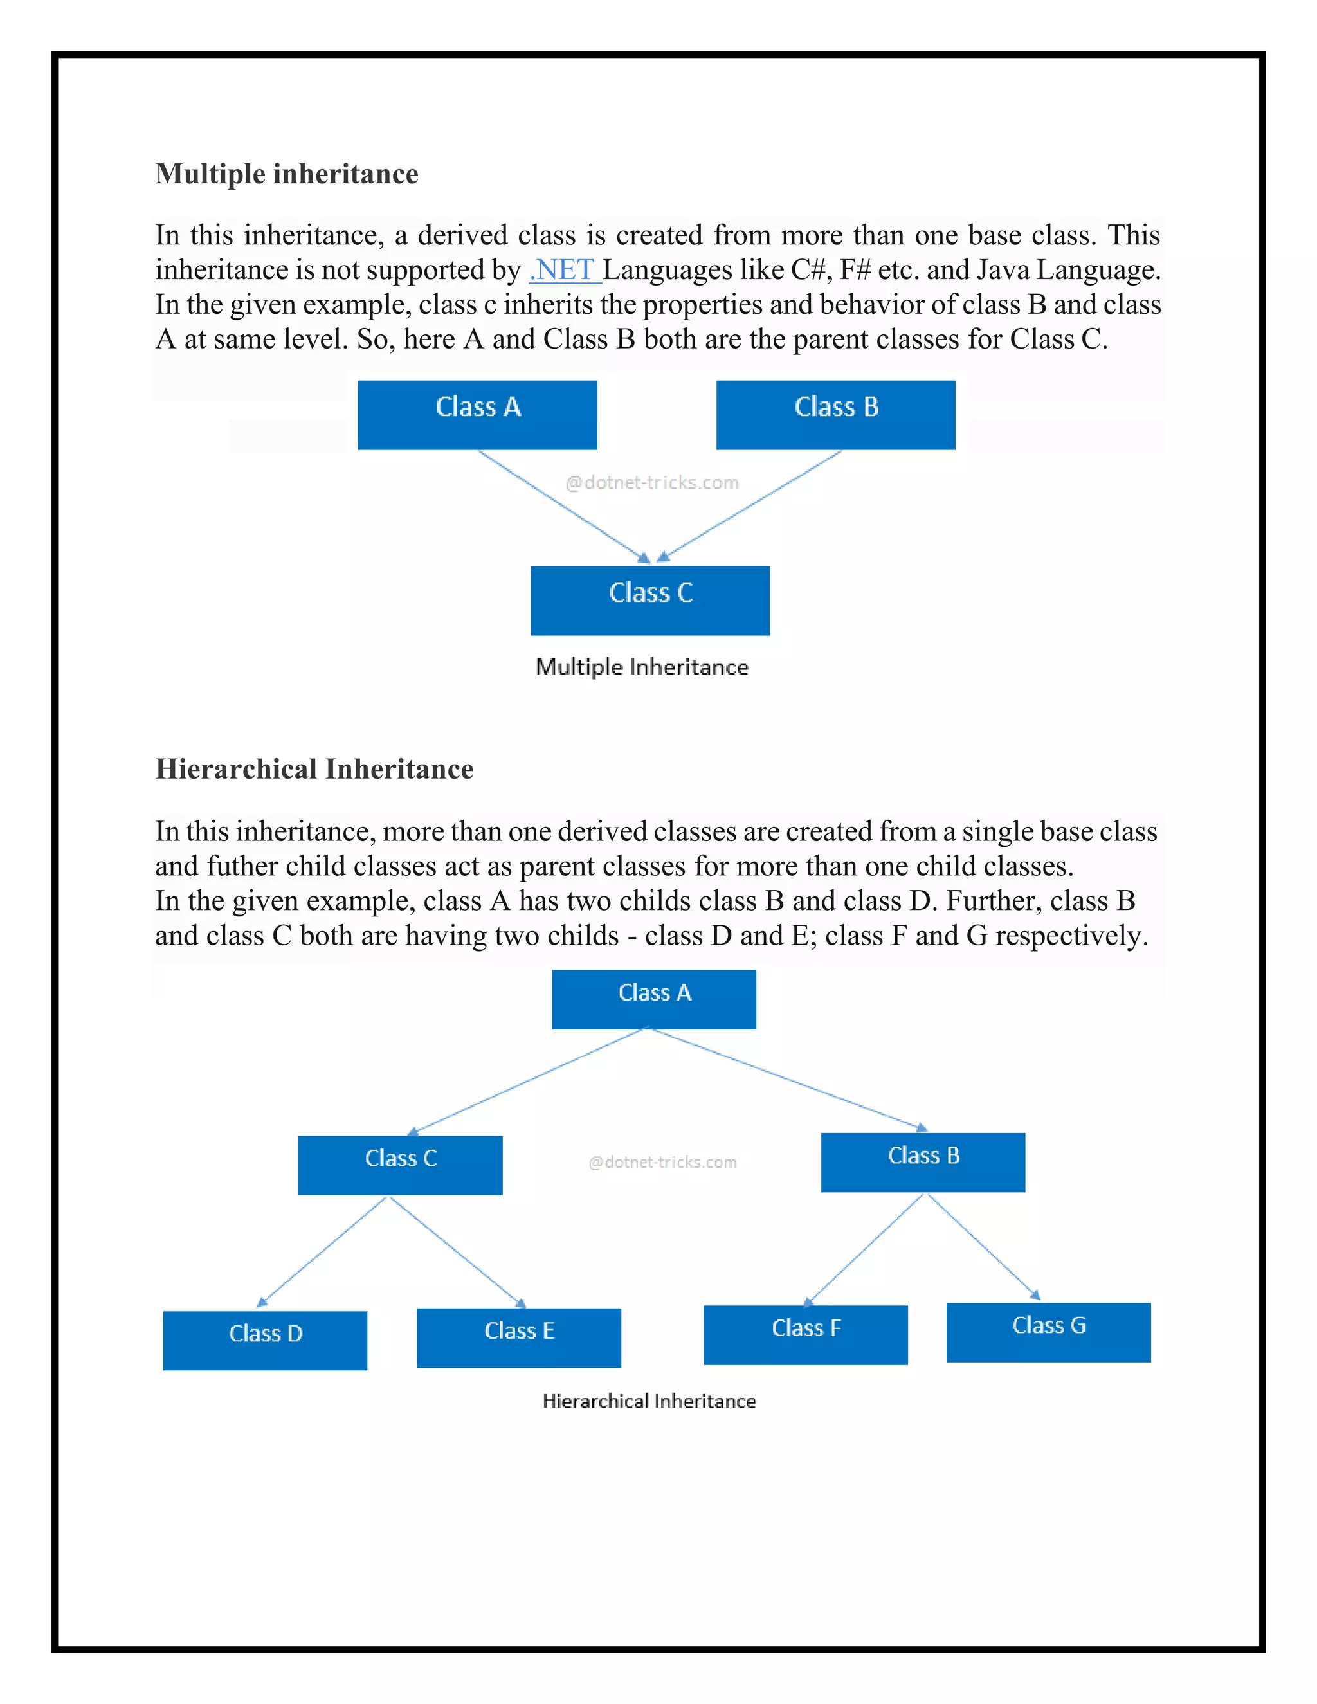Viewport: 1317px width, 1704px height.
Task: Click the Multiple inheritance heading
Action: (x=286, y=174)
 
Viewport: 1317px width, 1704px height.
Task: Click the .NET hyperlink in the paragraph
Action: (x=563, y=270)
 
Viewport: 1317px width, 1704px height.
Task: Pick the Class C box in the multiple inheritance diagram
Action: (x=650, y=600)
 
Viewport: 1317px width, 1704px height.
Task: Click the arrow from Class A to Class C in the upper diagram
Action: (x=562, y=505)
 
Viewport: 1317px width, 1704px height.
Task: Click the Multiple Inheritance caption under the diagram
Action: (x=641, y=667)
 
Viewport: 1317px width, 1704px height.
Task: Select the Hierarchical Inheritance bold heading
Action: (x=314, y=769)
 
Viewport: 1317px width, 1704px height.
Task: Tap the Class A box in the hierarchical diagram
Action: (x=654, y=999)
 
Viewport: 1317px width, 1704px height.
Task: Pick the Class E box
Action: (x=519, y=1337)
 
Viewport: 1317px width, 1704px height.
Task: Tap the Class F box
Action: (x=805, y=1334)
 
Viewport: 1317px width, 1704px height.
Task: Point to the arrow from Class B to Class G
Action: (x=983, y=1246)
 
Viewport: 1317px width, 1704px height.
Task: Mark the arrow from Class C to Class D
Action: (x=322, y=1251)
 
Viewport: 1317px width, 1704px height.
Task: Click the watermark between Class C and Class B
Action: (x=662, y=1162)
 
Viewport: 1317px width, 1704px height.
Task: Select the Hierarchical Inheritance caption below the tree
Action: (x=649, y=1401)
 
